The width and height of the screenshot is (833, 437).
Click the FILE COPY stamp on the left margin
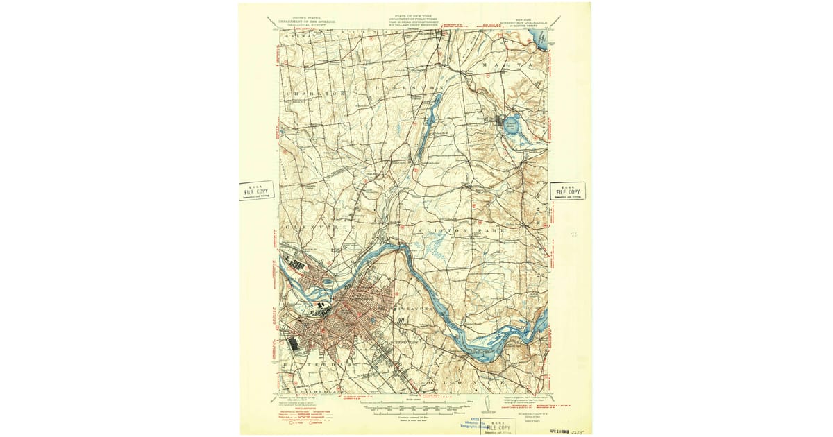tap(256, 191)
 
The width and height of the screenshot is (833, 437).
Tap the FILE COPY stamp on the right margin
tap(567, 191)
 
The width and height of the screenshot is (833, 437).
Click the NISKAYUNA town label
tap(414, 308)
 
